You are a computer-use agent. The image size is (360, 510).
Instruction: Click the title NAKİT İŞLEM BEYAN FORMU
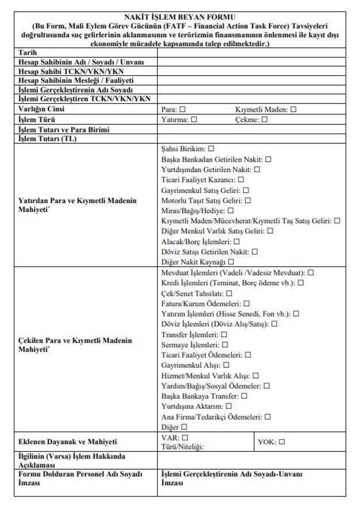click(x=180, y=17)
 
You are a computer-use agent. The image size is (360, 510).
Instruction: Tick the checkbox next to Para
click(x=182, y=109)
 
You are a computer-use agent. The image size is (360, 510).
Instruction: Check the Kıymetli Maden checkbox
click(x=293, y=109)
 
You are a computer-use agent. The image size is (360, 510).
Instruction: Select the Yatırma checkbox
click(x=194, y=120)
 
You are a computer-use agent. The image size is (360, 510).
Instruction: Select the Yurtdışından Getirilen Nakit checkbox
click(x=257, y=169)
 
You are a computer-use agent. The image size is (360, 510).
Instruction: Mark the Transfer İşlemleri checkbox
click(x=224, y=334)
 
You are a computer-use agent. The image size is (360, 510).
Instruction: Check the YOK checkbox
click(x=282, y=442)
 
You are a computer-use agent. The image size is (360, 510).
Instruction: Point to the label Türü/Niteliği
click(x=183, y=446)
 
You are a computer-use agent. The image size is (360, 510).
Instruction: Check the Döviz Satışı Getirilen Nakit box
click(x=254, y=252)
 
